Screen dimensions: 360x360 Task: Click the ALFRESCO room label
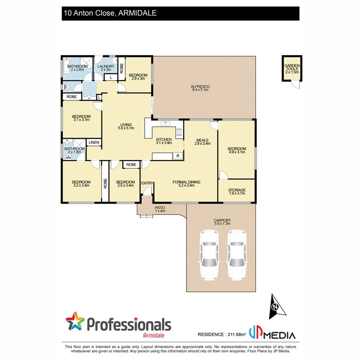[200, 86]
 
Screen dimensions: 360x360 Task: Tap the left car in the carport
[209, 255]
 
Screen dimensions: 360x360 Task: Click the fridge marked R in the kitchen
[178, 156]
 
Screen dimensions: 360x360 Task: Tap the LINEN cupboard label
[94, 142]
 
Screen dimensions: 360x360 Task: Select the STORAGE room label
[236, 190]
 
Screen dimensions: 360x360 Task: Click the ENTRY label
[147, 183]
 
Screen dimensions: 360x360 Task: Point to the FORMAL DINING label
[186, 182]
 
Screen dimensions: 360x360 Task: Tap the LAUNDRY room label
[106, 66]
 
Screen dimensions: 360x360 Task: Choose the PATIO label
[160, 208]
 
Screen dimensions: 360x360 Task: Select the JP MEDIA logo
[272, 333]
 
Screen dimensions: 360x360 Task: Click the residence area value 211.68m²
[236, 334]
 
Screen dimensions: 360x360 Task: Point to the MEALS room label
[202, 140]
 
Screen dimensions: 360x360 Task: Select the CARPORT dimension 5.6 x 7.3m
[222, 224]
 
